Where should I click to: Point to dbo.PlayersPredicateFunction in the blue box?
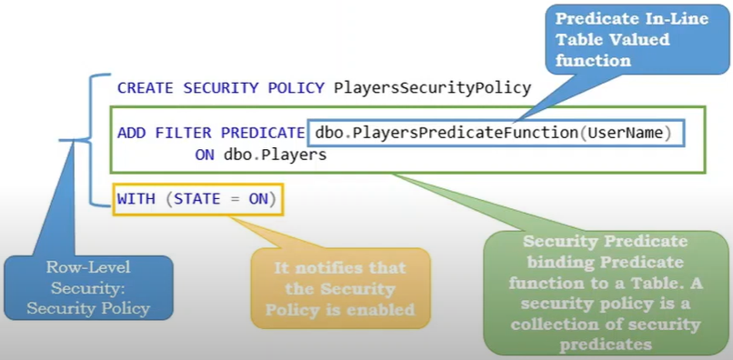click(447, 134)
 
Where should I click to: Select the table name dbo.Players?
click(275, 155)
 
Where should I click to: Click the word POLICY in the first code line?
click(294, 89)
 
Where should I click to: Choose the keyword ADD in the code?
click(132, 134)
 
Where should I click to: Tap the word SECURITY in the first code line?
click(219, 89)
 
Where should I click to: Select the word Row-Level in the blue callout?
click(87, 268)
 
